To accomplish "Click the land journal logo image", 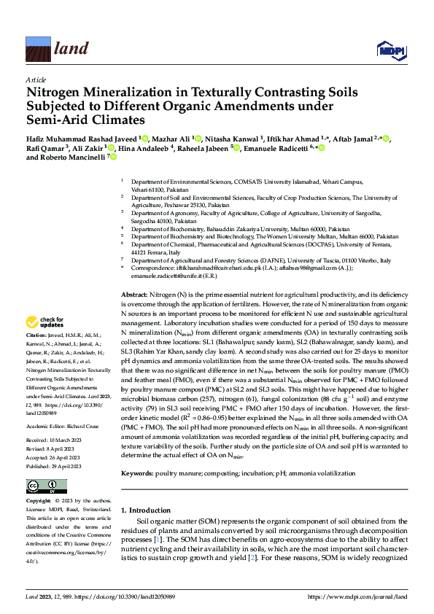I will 37,50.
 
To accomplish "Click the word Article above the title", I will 35,79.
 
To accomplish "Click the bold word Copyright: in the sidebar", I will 39,502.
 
